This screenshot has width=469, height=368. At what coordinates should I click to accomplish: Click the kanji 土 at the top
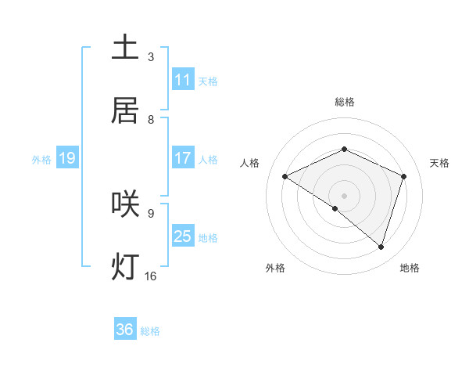(125, 47)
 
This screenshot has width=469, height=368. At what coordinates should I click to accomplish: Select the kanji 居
(125, 110)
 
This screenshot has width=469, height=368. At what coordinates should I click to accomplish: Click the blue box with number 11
(183, 80)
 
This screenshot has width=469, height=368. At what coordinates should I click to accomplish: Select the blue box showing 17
(183, 158)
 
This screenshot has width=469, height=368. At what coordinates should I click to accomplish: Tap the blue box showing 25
(183, 236)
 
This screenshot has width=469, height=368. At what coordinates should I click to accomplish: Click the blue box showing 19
(66, 158)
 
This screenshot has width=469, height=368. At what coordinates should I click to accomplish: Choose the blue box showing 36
(125, 330)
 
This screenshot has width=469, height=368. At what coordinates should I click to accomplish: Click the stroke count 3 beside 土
(151, 57)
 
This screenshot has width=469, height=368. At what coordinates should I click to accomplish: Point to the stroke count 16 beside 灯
(151, 276)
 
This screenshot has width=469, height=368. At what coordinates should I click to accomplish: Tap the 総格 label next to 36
(150, 330)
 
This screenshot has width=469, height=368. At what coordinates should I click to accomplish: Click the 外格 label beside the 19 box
(41, 159)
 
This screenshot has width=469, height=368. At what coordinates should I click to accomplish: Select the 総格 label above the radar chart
(345, 102)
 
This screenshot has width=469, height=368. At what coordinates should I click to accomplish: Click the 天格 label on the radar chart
(440, 163)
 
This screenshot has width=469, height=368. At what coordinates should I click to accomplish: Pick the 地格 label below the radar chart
(410, 268)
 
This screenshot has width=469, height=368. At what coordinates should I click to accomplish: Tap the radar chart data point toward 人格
(285, 177)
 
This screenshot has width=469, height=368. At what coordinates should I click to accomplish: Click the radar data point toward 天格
(404, 176)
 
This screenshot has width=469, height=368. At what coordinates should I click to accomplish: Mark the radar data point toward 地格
(381, 247)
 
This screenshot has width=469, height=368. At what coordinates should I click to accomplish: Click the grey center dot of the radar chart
(345, 195)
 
